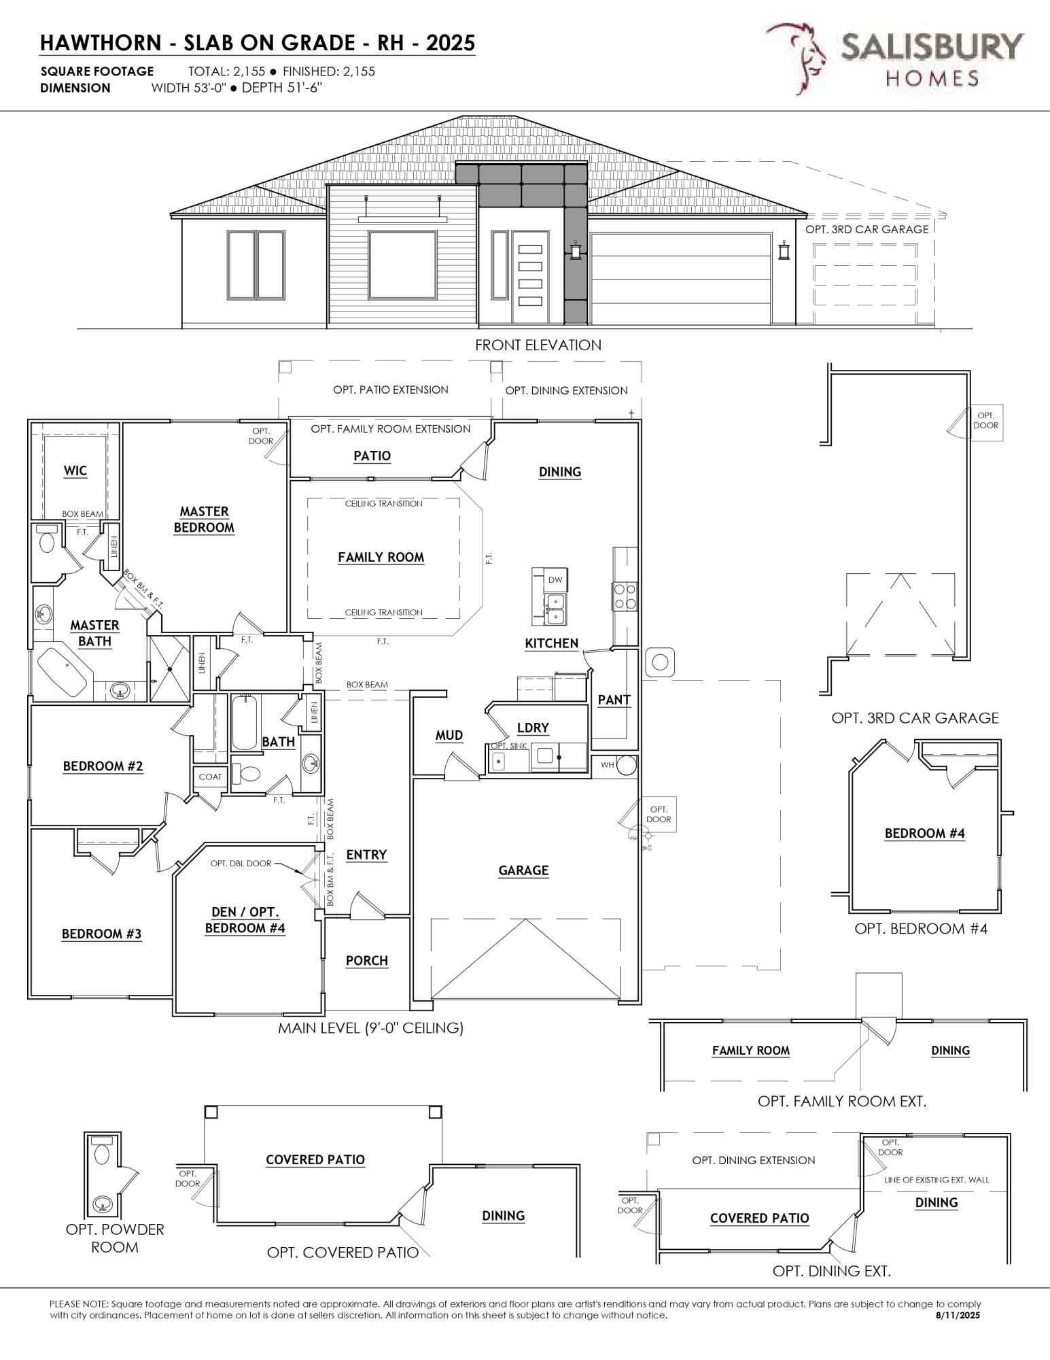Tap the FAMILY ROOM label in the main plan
381,558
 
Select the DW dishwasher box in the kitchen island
555,579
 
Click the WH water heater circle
627,765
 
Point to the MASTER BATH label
94,632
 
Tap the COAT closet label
210,777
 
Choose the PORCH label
366,960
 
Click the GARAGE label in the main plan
523,870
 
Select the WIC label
75,471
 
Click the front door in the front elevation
529,276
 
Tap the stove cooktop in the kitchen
625,596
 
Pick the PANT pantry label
614,699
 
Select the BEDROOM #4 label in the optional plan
924,833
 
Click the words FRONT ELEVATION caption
538,345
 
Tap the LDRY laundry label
532,728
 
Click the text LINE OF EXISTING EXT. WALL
937,1180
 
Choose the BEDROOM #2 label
103,766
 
